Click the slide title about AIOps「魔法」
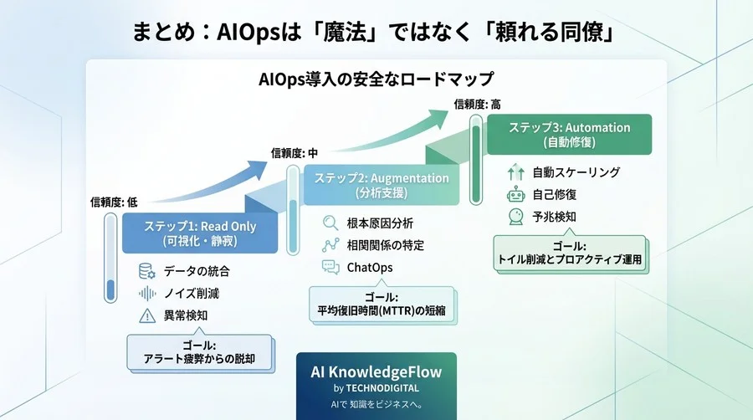click(x=376, y=32)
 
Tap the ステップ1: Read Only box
click(x=200, y=233)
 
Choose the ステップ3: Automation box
click(x=570, y=135)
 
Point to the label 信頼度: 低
click(x=114, y=202)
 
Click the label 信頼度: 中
click(x=295, y=153)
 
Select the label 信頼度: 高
click(x=477, y=104)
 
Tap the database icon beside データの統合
click(x=147, y=271)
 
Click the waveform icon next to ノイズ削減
click(x=147, y=294)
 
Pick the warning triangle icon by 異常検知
click(x=147, y=316)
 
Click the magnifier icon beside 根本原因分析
click(x=330, y=223)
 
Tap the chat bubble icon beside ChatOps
click(x=330, y=268)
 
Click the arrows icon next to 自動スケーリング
click(x=515, y=173)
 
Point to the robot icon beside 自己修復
click(x=515, y=195)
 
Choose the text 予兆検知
click(x=554, y=218)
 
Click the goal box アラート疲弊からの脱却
click(x=199, y=352)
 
